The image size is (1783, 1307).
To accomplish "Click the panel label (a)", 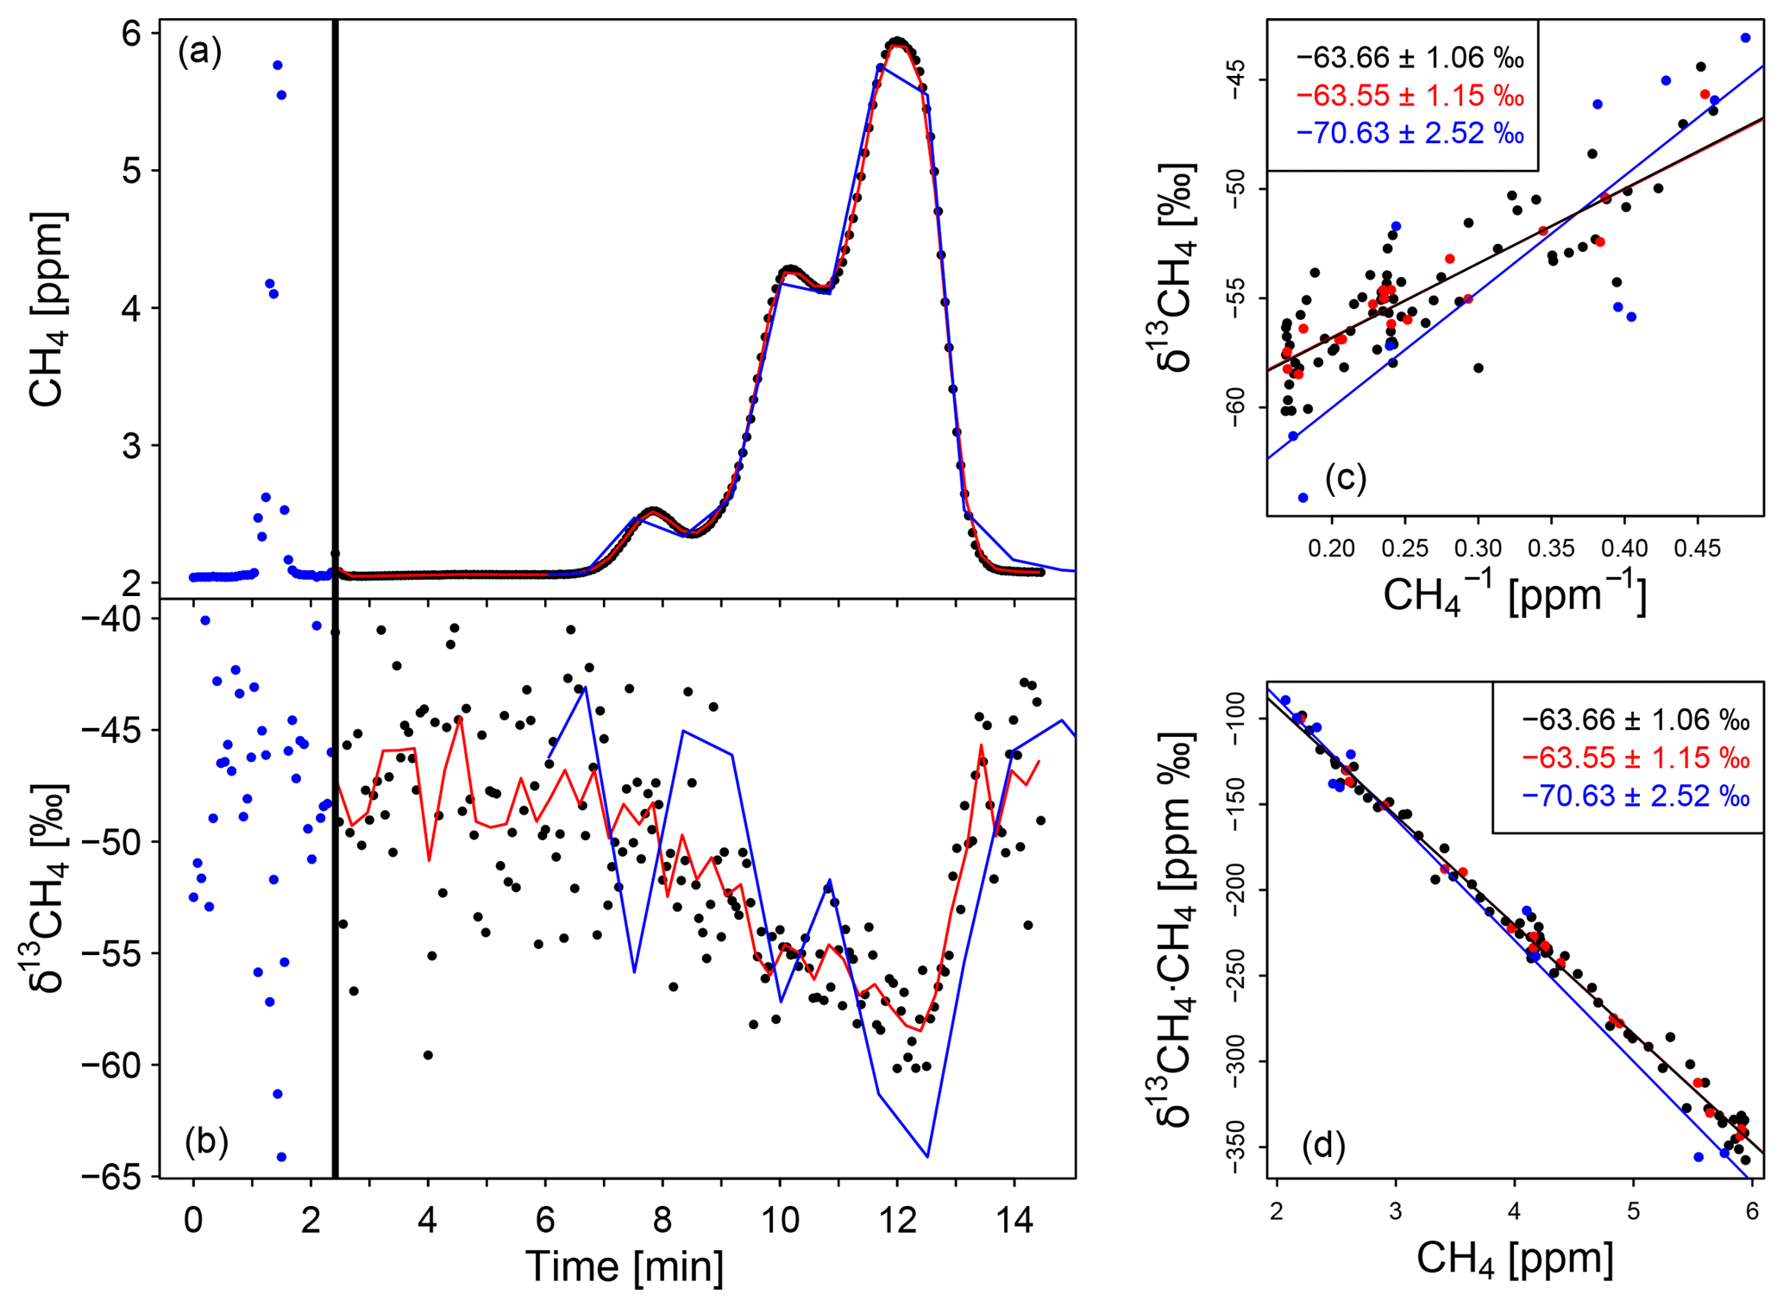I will pos(199,53).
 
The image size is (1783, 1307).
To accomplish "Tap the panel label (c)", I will pos(1346,477).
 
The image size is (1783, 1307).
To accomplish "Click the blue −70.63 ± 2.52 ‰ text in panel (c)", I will pos(1409,133).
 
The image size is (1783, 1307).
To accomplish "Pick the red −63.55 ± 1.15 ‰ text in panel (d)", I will pos(1635,757).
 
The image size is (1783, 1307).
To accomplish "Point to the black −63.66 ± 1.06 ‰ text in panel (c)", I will pos(1409,58).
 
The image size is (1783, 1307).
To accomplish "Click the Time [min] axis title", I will pos(625,1266).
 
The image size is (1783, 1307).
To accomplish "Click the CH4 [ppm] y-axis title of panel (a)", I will pos(47,309).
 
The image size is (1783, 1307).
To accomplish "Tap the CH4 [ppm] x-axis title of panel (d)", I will pos(1515,1258).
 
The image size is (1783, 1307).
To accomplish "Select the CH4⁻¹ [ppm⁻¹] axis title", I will pos(1515,595).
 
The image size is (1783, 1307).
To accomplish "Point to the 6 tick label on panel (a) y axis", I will pos(130,34).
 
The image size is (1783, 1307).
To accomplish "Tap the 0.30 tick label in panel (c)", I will pos(1479,548).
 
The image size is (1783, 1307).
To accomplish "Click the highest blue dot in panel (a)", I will pos(278,66).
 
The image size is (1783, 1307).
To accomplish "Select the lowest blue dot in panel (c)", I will pos(1303,498).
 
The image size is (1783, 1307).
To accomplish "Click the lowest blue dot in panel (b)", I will pos(281,1157).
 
